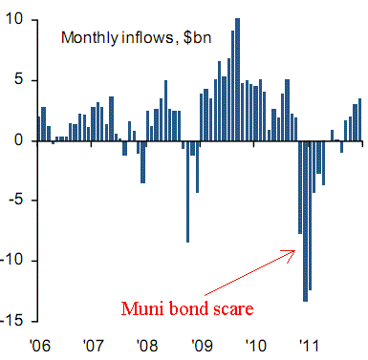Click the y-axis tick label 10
click(14, 20)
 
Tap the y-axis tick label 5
click(19, 79)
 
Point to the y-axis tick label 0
click(19, 140)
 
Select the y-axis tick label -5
click(15, 200)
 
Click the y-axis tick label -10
click(11, 261)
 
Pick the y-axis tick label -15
click(11, 321)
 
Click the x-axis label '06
click(39, 346)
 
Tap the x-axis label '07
click(94, 346)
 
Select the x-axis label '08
click(147, 346)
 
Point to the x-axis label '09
click(202, 346)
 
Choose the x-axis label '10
click(255, 346)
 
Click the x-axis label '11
click(309, 346)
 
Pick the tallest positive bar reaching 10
click(237, 79)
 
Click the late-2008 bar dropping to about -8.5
click(187, 192)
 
